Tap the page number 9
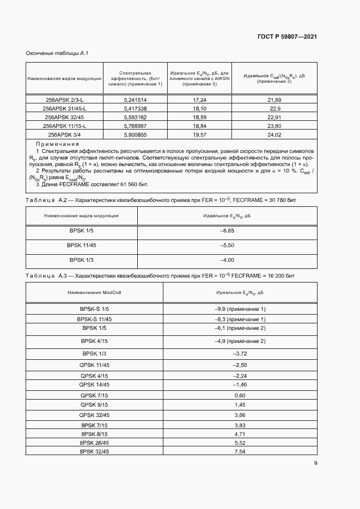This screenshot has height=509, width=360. point(316,463)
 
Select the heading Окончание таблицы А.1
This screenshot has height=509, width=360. point(57,53)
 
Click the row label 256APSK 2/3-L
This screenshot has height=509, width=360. point(64,100)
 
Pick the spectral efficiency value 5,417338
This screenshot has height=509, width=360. point(135,108)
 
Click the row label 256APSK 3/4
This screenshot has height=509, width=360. point(64,134)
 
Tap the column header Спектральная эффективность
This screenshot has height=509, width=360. point(135,78)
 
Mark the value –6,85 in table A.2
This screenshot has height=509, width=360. point(227,231)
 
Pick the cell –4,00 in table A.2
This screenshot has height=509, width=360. point(227,260)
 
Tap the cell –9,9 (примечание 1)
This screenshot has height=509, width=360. point(240,309)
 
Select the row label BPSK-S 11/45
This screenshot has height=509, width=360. point(94,318)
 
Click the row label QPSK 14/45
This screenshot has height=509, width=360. point(94,384)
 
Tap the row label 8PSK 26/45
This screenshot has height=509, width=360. point(94,443)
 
